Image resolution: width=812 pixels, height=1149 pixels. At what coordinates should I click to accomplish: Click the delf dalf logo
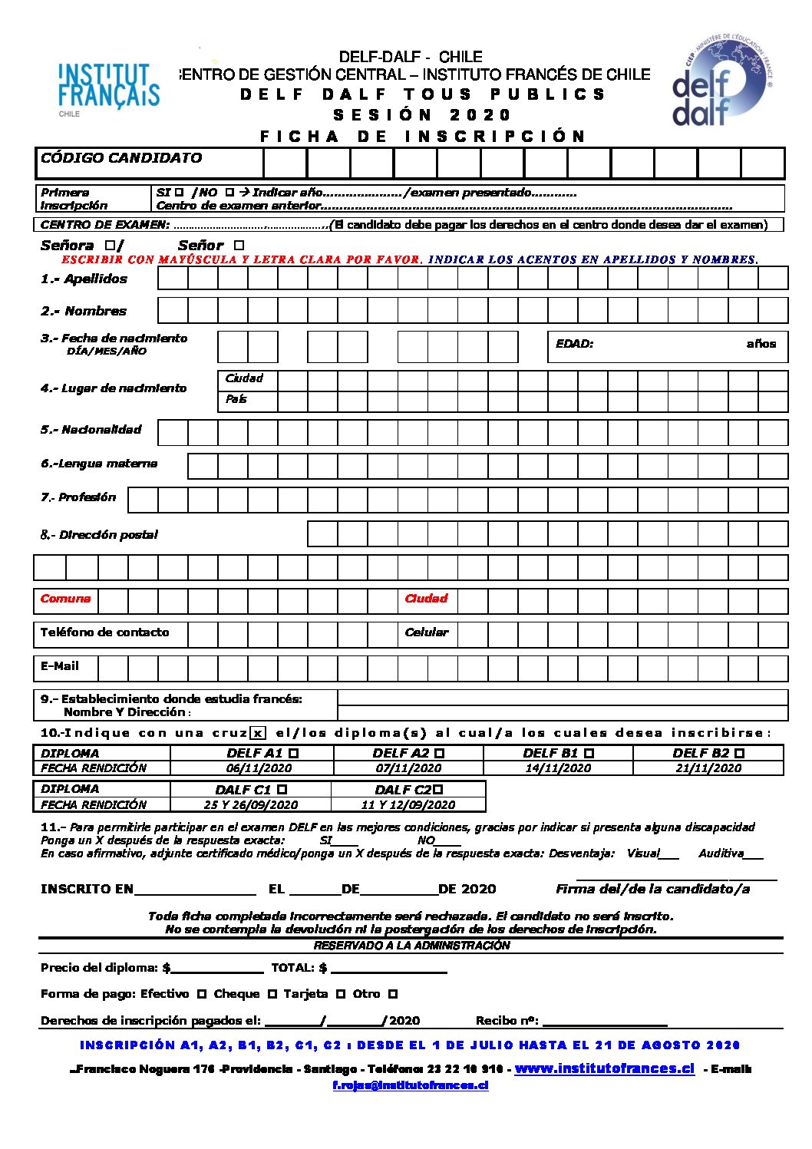(x=719, y=84)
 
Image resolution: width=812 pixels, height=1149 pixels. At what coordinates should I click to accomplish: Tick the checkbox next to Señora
(x=110, y=246)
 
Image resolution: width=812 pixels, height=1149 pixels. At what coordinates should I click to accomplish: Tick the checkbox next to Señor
(x=239, y=246)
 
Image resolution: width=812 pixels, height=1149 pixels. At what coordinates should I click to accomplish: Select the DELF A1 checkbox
(x=294, y=754)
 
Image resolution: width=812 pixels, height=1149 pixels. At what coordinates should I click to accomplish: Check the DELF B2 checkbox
(x=739, y=754)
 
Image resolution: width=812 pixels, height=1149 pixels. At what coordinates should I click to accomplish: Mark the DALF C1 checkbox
(x=282, y=789)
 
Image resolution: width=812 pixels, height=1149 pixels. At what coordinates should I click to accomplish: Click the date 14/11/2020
(x=558, y=768)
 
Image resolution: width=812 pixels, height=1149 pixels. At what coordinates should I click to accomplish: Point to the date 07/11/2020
(x=408, y=768)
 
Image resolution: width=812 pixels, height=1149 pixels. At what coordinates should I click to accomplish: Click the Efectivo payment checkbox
(x=202, y=994)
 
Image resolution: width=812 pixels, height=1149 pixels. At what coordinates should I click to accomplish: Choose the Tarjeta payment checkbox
(x=341, y=994)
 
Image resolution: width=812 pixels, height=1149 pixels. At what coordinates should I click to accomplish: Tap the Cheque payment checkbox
(x=272, y=994)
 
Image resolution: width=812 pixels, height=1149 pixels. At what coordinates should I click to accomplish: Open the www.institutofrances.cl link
(x=604, y=1068)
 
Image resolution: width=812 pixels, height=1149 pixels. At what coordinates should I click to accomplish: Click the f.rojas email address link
(x=411, y=1085)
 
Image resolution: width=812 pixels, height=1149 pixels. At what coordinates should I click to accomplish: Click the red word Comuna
(x=65, y=599)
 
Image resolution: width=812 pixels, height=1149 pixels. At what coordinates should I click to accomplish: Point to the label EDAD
(x=574, y=344)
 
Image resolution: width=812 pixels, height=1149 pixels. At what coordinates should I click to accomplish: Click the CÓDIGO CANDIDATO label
(x=121, y=158)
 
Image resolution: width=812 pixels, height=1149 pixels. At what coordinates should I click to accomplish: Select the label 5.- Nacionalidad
(x=91, y=430)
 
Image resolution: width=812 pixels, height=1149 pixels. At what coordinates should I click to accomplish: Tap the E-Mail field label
(x=60, y=666)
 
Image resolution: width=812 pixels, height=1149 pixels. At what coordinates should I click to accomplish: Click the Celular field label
(x=426, y=632)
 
